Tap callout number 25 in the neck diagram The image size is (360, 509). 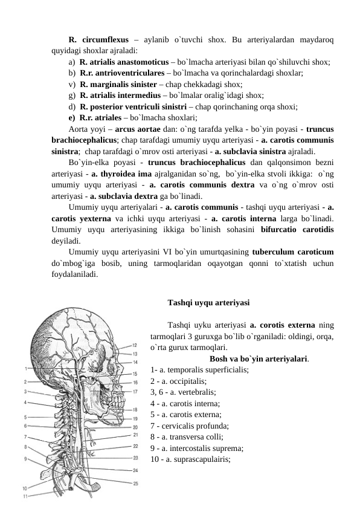click(x=136, y=484)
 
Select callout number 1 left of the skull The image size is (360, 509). click(x=25, y=368)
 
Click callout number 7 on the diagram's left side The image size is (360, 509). click(x=25, y=436)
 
